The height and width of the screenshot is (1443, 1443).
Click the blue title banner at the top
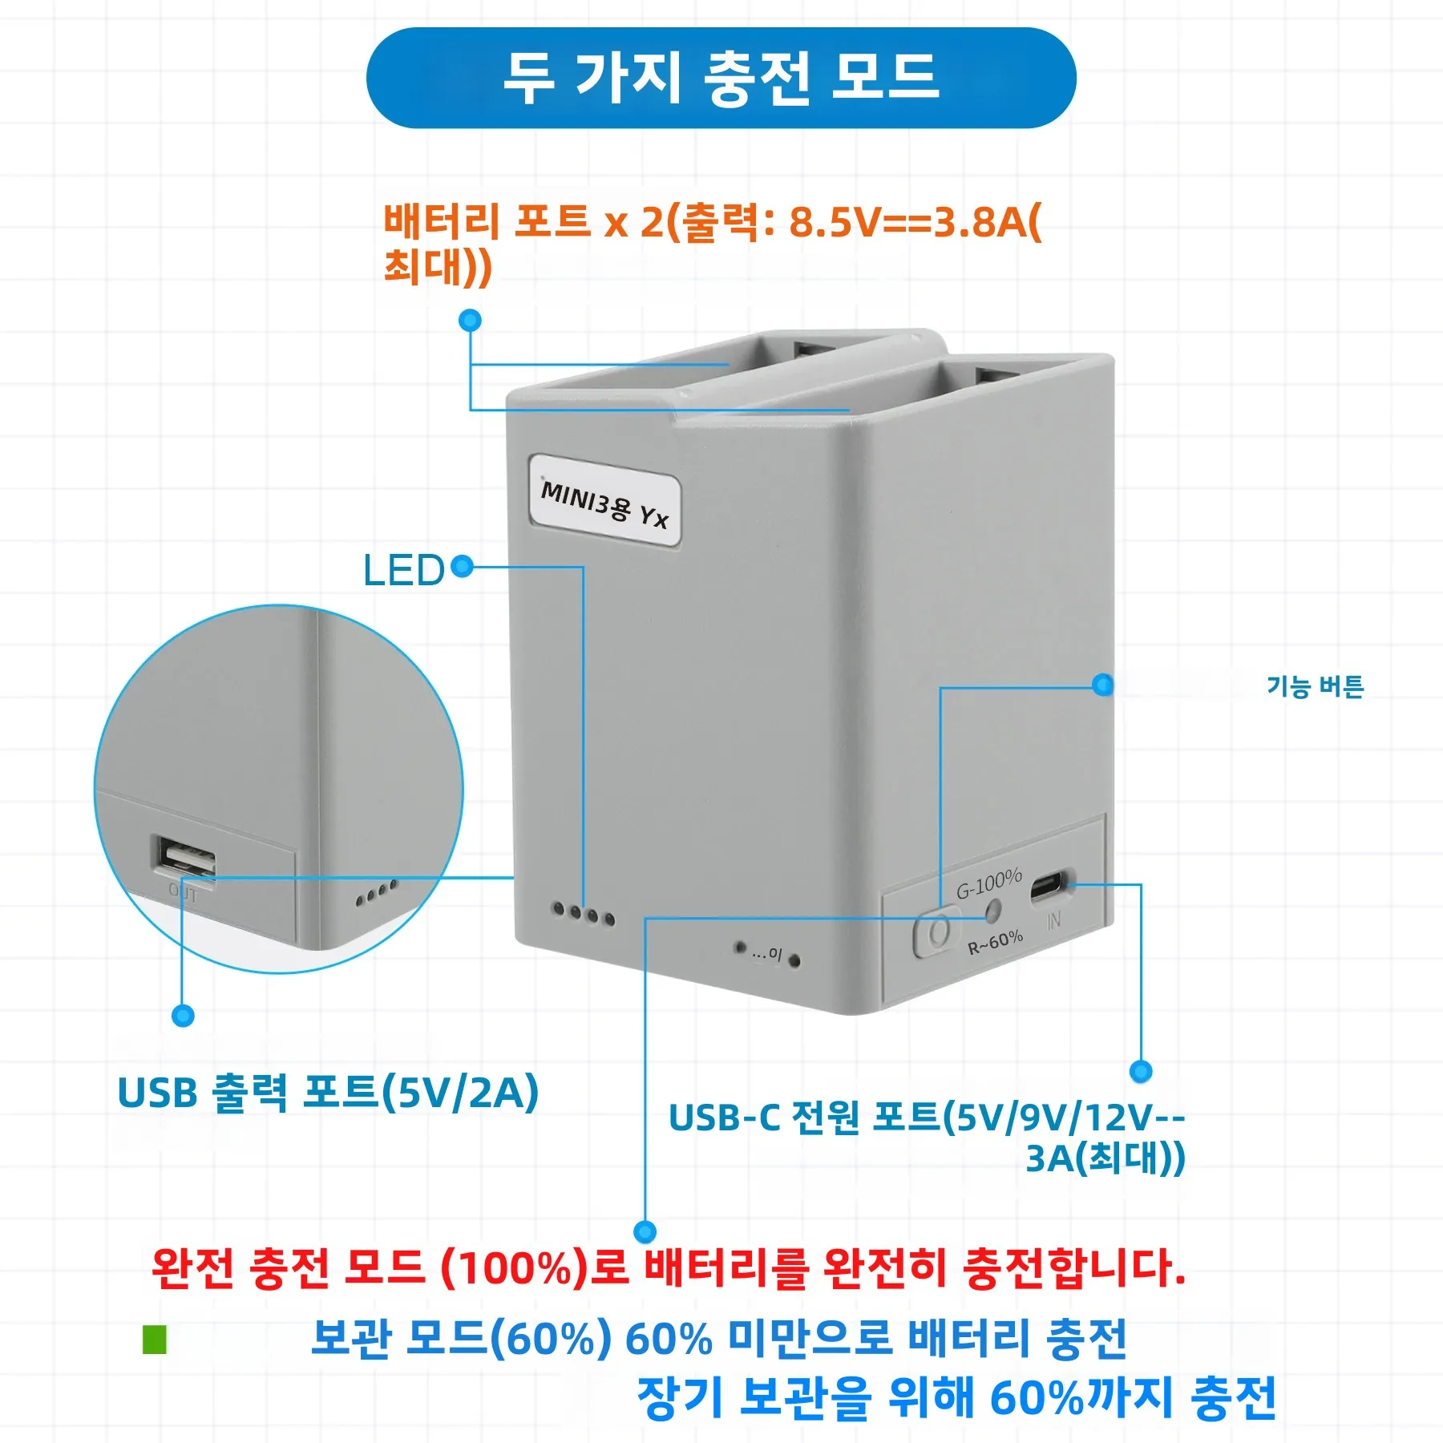click(x=721, y=78)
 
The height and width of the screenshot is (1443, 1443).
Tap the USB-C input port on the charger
click(x=1049, y=887)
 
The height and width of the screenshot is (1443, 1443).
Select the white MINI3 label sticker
click(x=605, y=501)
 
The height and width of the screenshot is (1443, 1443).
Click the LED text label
click(x=403, y=571)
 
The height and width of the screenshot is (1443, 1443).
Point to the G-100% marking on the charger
click(x=989, y=883)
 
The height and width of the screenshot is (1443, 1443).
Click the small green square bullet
click(x=154, y=1340)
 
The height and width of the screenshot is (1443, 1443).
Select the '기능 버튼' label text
click(x=1315, y=686)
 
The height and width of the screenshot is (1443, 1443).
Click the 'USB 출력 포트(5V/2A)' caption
click(x=328, y=1092)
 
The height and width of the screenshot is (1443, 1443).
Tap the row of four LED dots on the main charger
click(x=584, y=914)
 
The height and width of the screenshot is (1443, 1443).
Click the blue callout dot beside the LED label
click(x=462, y=567)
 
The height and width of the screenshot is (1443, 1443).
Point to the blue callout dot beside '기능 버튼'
click(x=1103, y=685)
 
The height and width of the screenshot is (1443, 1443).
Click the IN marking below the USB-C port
click(x=1053, y=920)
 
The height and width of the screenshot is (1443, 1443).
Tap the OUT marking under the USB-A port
click(x=183, y=893)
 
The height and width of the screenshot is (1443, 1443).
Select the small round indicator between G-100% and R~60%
click(x=992, y=911)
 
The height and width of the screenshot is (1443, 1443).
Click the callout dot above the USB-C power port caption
click(x=1141, y=1071)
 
